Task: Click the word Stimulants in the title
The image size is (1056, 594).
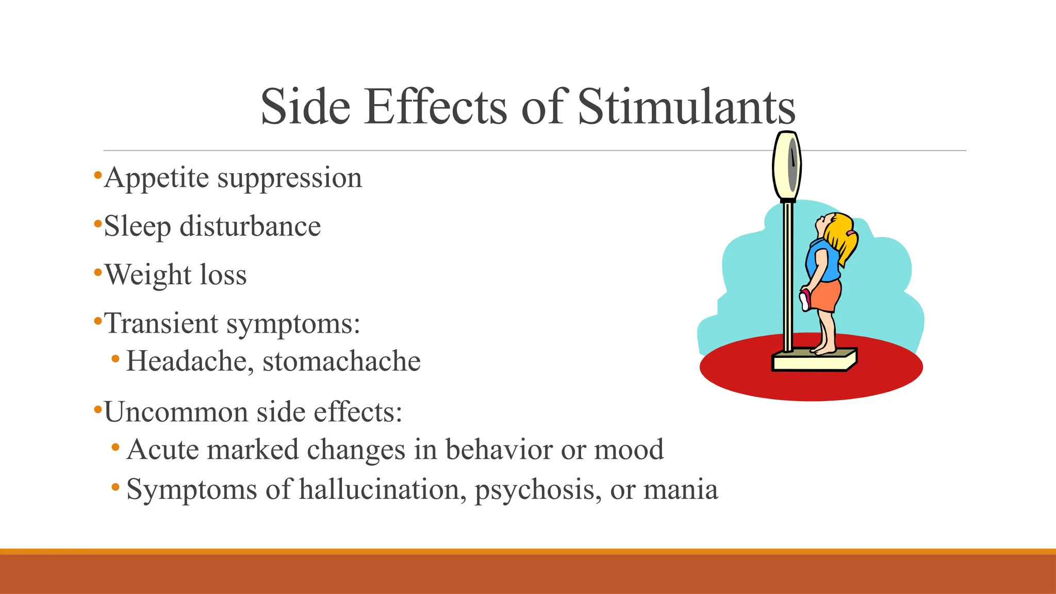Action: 686,107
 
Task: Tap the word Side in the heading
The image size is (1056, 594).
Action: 306,107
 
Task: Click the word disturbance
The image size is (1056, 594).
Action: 250,226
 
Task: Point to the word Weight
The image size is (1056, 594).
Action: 147,275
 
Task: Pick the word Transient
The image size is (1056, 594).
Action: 161,324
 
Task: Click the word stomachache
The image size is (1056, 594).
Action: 341,361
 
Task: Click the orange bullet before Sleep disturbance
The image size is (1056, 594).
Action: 97,224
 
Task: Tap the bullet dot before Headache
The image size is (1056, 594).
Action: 115,358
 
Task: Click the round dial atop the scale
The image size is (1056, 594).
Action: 787,165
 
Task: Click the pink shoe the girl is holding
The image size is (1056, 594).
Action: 805,300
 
